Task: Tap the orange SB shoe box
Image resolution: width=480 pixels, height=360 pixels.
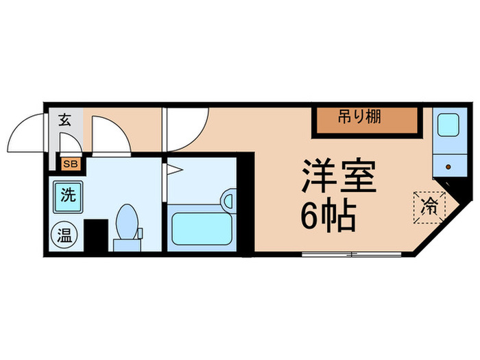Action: click(x=70, y=163)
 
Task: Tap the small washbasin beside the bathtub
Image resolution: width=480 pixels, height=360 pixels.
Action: click(x=228, y=202)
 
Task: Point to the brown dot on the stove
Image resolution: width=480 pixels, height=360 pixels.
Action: click(x=449, y=165)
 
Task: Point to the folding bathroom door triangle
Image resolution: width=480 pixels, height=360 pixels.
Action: click(x=167, y=169)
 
